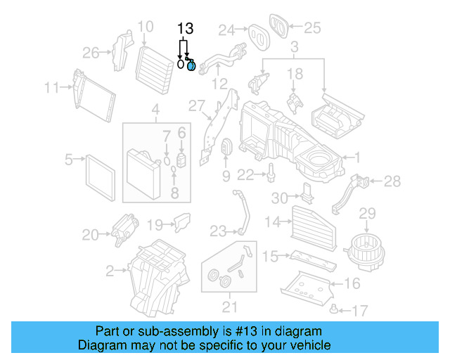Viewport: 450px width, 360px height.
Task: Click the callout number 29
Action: click(x=368, y=213)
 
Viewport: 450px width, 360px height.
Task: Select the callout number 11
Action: click(x=51, y=88)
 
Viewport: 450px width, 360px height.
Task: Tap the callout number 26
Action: click(x=91, y=52)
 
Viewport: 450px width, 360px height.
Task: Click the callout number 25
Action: click(x=311, y=28)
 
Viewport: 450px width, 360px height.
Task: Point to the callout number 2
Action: click(x=110, y=269)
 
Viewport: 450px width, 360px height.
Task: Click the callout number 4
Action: click(x=155, y=110)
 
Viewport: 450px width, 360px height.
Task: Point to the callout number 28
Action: click(x=392, y=181)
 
